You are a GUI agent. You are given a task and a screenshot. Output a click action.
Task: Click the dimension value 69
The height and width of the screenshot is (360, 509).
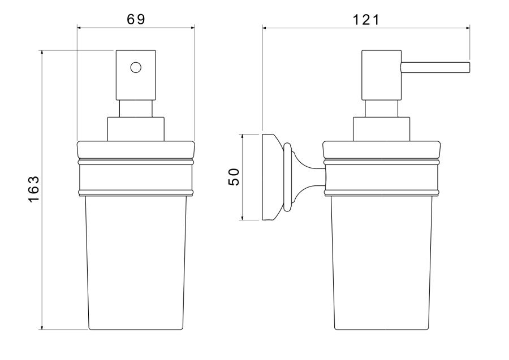coord(136,19)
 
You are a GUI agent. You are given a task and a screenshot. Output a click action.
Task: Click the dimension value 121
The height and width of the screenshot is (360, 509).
coord(366,20)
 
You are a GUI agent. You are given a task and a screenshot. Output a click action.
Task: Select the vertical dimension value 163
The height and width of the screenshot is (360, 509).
coord(34,189)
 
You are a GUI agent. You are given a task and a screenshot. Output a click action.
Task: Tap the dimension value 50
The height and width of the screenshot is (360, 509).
coord(234,177)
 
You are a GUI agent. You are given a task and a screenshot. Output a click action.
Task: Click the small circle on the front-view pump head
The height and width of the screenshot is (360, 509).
coord(136,67)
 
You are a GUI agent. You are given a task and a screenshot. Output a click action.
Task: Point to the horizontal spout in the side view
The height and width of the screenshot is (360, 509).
coord(435,67)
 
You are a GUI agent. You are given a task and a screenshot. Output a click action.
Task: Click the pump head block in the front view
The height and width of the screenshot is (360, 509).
coord(136,75)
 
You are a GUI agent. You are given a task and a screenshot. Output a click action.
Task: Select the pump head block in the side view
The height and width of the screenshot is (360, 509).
coord(381,75)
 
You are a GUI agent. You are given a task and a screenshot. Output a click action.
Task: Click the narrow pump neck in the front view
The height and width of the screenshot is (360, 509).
coord(136,109)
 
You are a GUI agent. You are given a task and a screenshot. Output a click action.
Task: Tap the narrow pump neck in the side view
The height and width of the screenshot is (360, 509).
coord(381,109)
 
